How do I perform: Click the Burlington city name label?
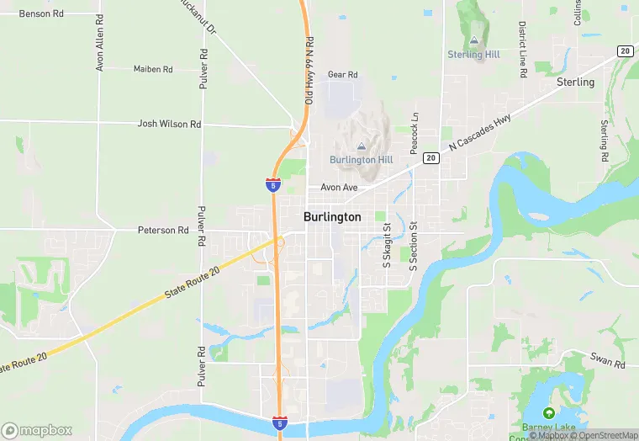(x=332, y=217)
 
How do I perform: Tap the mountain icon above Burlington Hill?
(x=362, y=146)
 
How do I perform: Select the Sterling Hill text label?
(x=473, y=55)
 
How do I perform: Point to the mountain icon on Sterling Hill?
(x=474, y=40)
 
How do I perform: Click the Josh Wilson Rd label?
(x=169, y=124)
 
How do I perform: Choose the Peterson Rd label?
(x=163, y=230)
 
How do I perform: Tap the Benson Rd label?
(x=41, y=14)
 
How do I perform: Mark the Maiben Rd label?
(x=153, y=69)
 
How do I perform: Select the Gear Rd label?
(x=343, y=75)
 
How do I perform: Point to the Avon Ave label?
(x=339, y=187)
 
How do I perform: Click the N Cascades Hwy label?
(x=479, y=133)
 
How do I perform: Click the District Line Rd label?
(x=522, y=50)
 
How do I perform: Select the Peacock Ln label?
(x=414, y=134)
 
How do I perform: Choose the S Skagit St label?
(x=388, y=246)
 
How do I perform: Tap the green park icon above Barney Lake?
(x=549, y=413)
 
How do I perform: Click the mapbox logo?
(x=37, y=430)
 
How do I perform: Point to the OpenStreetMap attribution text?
(x=604, y=435)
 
